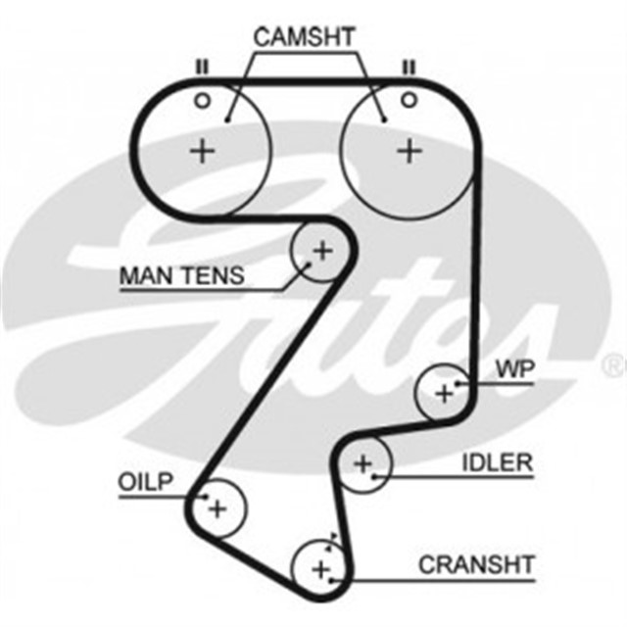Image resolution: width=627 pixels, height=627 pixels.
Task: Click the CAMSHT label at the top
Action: click(x=305, y=37)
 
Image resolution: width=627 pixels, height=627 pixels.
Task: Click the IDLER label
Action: click(x=497, y=462)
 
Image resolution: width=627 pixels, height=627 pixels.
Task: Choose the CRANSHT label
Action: click(x=476, y=565)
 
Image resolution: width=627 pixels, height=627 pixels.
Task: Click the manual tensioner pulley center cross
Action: click(x=321, y=251)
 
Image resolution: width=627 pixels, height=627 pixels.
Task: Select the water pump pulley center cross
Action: click(x=445, y=393)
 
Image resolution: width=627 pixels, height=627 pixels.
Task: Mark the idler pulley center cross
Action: click(x=363, y=463)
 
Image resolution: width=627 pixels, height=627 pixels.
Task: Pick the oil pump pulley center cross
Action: click(x=217, y=508)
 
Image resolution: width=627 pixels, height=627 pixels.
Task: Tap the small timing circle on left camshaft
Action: click(x=202, y=99)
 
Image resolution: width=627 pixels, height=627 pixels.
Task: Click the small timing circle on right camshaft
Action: click(x=409, y=99)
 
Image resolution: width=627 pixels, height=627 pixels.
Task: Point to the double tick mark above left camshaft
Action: click(x=202, y=67)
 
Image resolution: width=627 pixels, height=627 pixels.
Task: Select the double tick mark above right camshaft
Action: click(x=409, y=67)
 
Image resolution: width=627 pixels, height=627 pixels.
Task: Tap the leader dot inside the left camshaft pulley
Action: click(x=227, y=120)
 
